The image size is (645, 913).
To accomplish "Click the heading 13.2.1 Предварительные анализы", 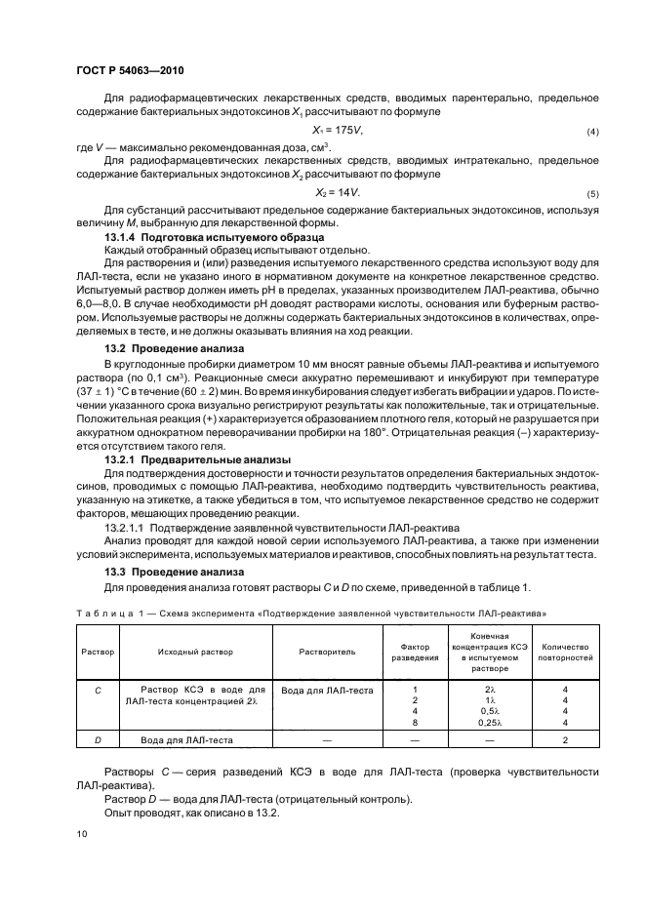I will click(182, 459).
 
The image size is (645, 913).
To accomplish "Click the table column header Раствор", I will click(98, 651).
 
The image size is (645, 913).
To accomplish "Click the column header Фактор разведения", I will click(416, 651).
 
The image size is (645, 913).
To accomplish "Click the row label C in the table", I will click(98, 690).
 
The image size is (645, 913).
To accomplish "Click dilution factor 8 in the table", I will click(416, 723).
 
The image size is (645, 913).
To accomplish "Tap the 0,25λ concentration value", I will click(490, 723).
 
